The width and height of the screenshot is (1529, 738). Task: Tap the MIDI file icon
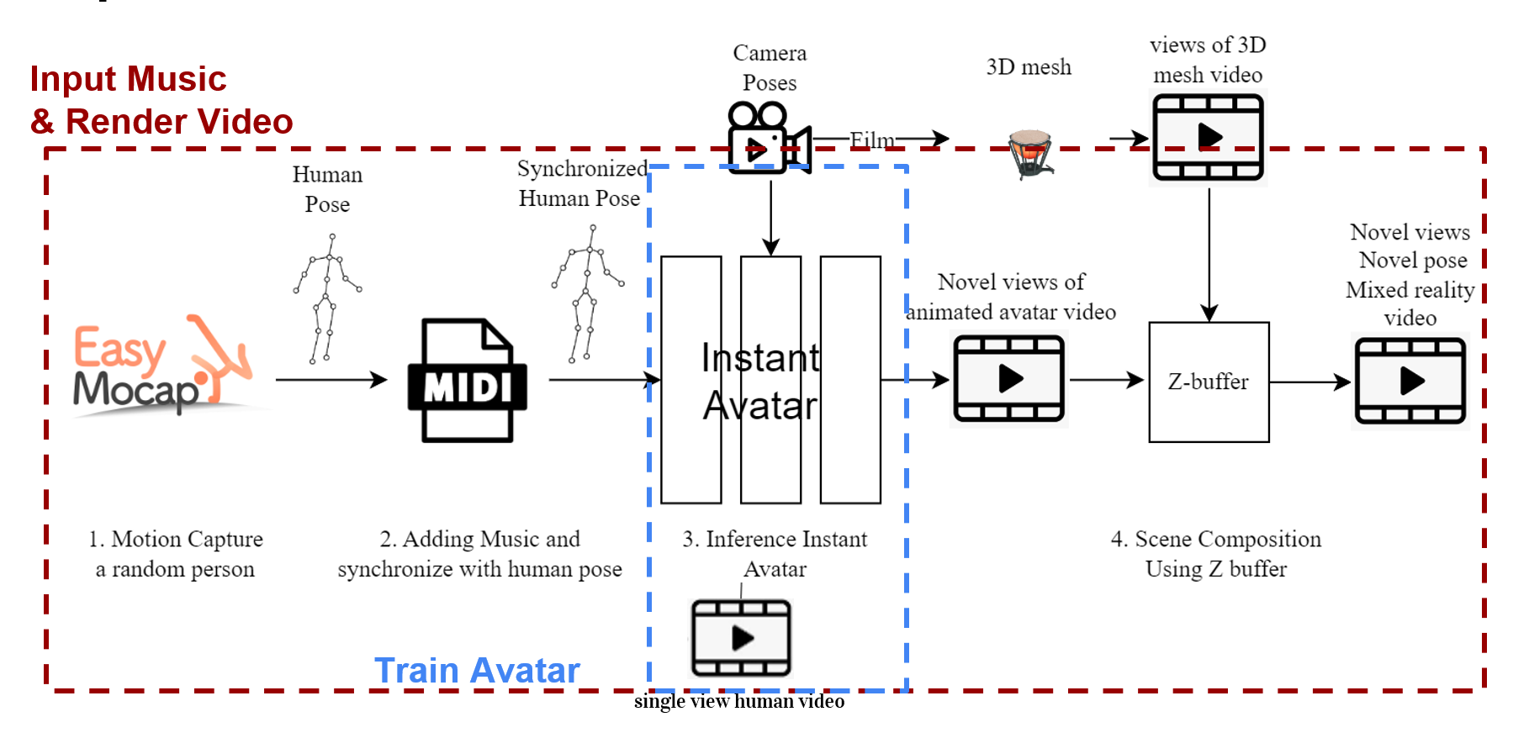pos(468,381)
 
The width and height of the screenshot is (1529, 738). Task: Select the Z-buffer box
pos(1209,382)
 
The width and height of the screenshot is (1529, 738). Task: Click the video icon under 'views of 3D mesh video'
pos(1209,138)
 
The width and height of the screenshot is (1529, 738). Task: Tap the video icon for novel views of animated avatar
pos(1009,379)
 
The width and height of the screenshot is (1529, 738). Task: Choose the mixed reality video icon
pos(1410,381)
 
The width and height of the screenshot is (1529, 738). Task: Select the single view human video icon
pos(741,638)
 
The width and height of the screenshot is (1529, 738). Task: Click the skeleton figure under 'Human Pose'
pos(327,299)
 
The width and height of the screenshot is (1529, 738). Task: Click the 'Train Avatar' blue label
pos(477,671)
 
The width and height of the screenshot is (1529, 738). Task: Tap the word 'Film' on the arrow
pos(872,140)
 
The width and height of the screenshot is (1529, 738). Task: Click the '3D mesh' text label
pos(1029,67)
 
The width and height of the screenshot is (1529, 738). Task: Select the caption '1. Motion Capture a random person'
pos(175,554)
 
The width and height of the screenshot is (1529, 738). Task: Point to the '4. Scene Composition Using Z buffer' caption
pos(1216,554)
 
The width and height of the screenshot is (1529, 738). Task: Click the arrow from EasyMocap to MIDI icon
pos(331,380)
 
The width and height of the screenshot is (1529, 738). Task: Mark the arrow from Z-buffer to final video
pos(1309,382)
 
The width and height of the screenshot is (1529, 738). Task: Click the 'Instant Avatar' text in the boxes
pos(760,382)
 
